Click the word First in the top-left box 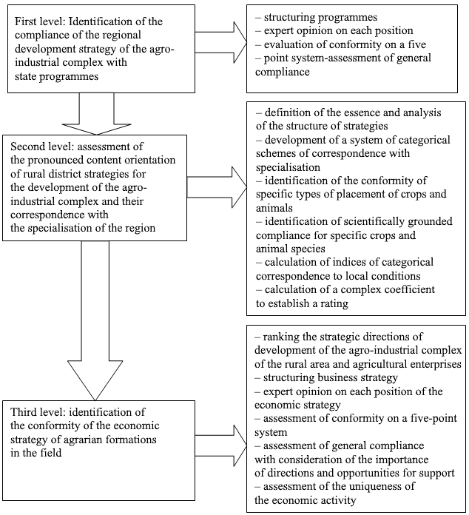click(24, 21)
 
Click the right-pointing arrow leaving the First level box click(220, 42)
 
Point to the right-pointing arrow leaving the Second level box click(217, 187)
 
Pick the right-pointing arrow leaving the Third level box click(220, 445)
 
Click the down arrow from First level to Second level click(97, 114)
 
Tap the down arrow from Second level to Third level click(95, 320)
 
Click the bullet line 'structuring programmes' click(317, 17)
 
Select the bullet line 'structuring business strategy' click(326, 377)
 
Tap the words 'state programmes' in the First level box click(56, 76)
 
